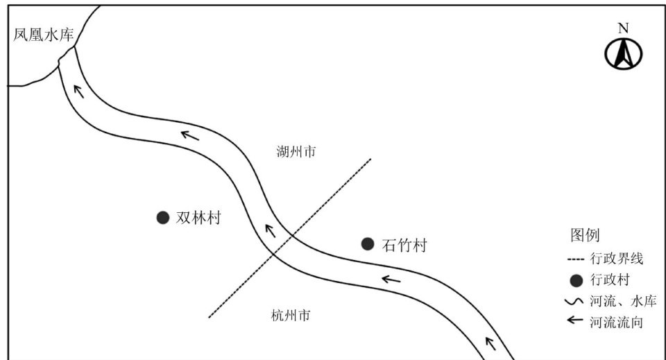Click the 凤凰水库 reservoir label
tap(44, 35)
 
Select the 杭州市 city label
tap(291, 315)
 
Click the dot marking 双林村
tap(163, 218)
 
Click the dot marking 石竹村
tap(368, 243)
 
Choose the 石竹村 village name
tap(404, 244)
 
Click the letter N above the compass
tap(623, 28)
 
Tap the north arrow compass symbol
tap(623, 53)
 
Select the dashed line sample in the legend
tap(576, 260)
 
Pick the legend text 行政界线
tap(617, 260)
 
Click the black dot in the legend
tap(576, 280)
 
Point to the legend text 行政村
tap(610, 280)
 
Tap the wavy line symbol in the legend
tap(576, 301)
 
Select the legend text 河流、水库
tap(622, 301)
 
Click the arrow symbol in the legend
tap(576, 321)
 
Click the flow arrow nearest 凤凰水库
tap(80, 91)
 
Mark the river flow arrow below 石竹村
tap(391, 280)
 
